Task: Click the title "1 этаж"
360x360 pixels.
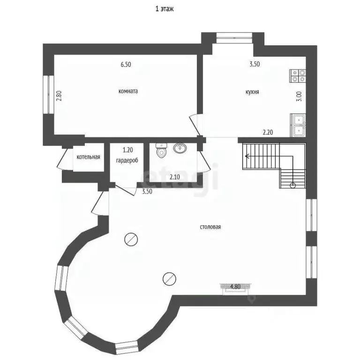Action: pyautogui.click(x=165, y=9)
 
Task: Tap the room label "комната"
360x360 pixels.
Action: pyautogui.click(x=128, y=91)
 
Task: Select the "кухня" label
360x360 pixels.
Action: pyautogui.click(x=252, y=92)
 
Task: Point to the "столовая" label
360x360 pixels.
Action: pyautogui.click(x=210, y=227)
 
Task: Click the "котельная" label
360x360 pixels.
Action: pyautogui.click(x=88, y=157)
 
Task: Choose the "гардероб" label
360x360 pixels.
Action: pyautogui.click(x=127, y=160)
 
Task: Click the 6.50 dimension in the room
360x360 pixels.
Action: pyautogui.click(x=126, y=65)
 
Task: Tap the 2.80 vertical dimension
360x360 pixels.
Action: pyautogui.click(x=59, y=96)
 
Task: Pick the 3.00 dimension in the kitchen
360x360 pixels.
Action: pyautogui.click(x=299, y=97)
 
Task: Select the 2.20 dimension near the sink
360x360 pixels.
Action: pyautogui.click(x=268, y=132)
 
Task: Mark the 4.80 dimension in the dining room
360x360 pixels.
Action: pyautogui.click(x=235, y=286)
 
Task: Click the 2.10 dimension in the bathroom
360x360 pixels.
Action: pyautogui.click(x=175, y=177)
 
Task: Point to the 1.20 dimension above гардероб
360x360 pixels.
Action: pyautogui.click(x=127, y=150)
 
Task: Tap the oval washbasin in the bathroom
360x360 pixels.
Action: pyautogui.click(x=180, y=148)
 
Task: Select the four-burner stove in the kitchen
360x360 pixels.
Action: pyautogui.click(x=298, y=76)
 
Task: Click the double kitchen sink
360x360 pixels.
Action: pyautogui.click(x=298, y=125)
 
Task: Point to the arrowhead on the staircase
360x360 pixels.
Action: pyautogui.click(x=247, y=157)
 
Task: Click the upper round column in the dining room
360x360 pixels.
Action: pyautogui.click(x=131, y=240)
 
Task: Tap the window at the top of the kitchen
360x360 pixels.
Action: pyautogui.click(x=234, y=37)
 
